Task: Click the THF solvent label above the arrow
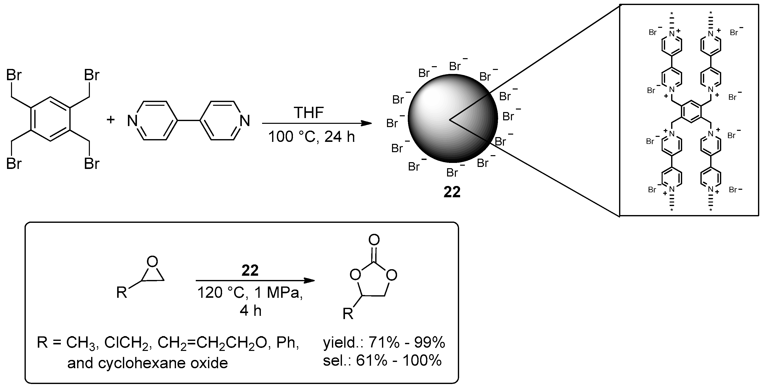[308, 113]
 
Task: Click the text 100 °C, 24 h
[311, 137]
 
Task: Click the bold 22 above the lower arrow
[250, 270]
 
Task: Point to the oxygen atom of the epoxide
[152, 261]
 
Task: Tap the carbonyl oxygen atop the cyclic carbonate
[374, 240]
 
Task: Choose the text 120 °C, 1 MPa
[250, 293]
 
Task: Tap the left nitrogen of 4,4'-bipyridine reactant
[132, 121]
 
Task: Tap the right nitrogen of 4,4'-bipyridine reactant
[245, 121]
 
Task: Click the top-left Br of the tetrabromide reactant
[14, 75]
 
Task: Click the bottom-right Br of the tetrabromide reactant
[92, 163]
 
